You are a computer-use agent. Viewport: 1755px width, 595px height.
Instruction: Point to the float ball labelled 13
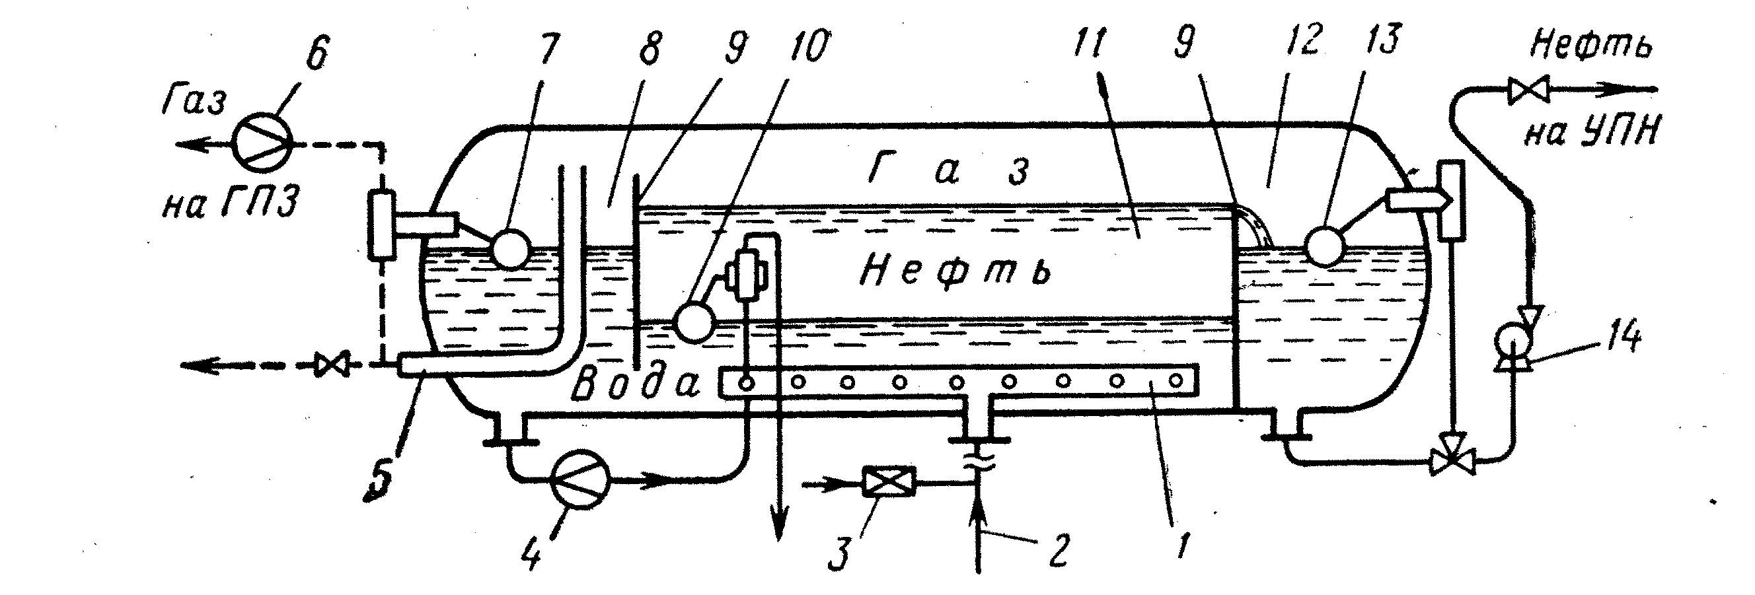[1323, 247]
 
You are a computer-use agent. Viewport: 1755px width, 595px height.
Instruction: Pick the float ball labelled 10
[694, 322]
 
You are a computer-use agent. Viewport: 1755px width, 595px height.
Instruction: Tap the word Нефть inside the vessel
[955, 271]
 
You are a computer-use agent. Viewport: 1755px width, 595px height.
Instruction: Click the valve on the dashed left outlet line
[332, 366]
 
